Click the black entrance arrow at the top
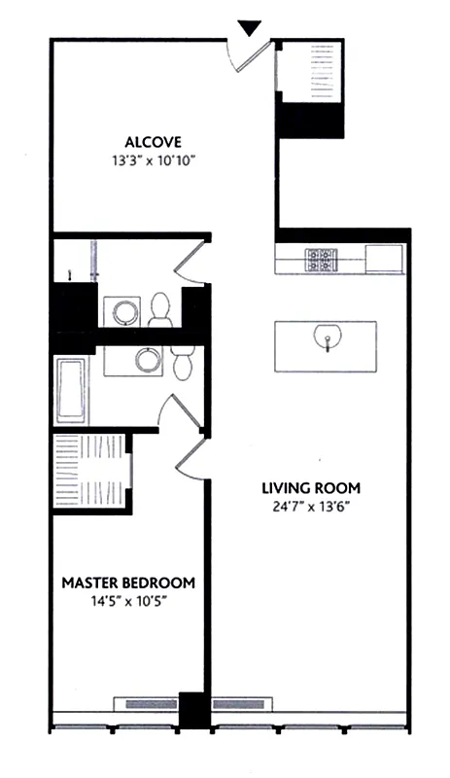pyautogui.click(x=251, y=26)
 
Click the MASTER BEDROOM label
pyautogui.click(x=128, y=583)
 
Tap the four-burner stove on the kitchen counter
pyautogui.click(x=319, y=259)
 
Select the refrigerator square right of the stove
pyautogui.click(x=385, y=259)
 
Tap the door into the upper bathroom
pyautogui.click(x=191, y=261)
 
